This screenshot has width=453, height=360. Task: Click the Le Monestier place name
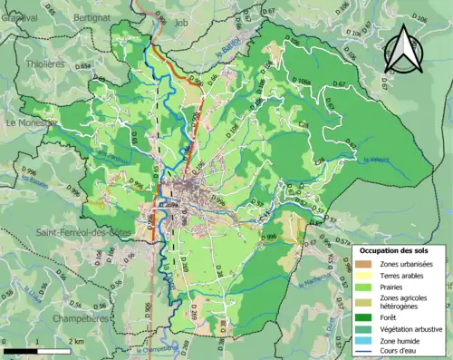click(31, 122)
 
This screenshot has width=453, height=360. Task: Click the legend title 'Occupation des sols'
click(398, 249)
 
